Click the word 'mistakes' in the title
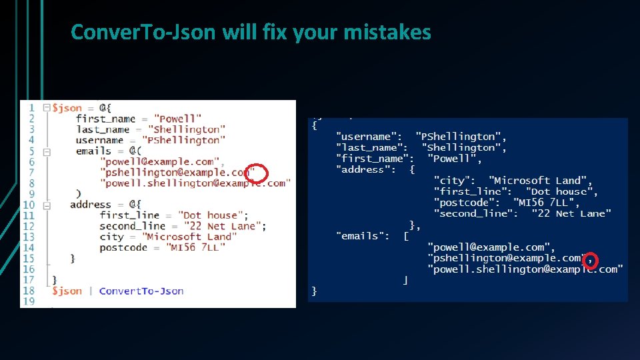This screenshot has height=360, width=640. (387, 31)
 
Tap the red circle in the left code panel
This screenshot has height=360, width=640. (257, 173)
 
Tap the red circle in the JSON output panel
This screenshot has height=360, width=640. (591, 259)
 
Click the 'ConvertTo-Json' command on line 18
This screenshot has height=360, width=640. (141, 291)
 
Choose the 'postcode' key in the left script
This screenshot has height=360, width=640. (123, 247)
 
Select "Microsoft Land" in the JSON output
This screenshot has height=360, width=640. (540, 181)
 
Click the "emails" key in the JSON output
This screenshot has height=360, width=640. (363, 235)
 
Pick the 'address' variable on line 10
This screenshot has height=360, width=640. (91, 205)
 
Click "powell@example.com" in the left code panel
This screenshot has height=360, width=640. (159, 161)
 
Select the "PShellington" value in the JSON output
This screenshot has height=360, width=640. (461, 137)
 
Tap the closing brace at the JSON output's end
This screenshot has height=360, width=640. (315, 291)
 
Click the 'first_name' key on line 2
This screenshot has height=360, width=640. (105, 119)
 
